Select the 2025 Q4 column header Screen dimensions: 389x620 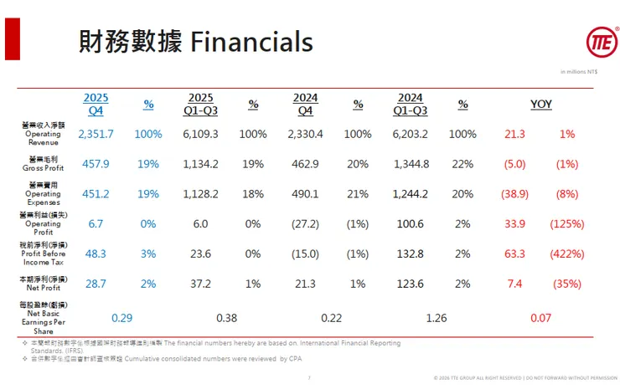pos(96,104)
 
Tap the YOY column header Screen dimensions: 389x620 pos(541,104)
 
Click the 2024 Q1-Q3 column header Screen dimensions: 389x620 pos(410,104)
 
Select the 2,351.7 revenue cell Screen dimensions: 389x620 pos(96,134)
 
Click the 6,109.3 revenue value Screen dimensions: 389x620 pos(200,134)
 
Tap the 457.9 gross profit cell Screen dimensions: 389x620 pos(96,164)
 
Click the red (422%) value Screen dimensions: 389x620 pos(567,253)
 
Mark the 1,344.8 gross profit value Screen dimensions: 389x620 pos(410,164)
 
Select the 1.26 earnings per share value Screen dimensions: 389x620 pos(436,318)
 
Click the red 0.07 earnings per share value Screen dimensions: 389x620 pos(540,318)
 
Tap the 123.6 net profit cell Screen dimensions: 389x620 pos(410,284)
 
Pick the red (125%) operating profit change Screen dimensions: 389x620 pos(567,224)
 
